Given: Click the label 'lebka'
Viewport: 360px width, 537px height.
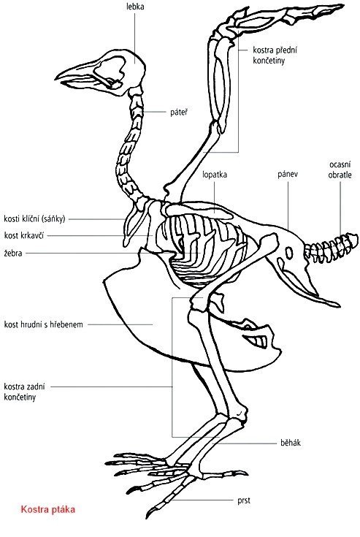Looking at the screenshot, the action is coord(135,7).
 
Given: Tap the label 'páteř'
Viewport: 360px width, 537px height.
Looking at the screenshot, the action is coord(179,112).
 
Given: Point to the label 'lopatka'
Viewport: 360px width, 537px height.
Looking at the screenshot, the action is coord(215,175).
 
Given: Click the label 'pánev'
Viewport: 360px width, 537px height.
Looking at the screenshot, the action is coord(288,174).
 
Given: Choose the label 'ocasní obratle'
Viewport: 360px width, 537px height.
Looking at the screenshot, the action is coord(340,170).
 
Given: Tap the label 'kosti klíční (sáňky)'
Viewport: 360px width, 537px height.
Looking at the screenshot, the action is coord(34,219).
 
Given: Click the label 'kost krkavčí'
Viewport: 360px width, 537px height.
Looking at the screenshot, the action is coord(24,235).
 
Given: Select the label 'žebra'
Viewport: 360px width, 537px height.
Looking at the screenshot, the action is coord(13,253).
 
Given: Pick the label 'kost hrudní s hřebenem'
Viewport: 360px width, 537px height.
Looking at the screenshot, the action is coord(44,324).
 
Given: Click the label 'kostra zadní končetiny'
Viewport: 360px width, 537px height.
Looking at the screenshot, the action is coord(24,392).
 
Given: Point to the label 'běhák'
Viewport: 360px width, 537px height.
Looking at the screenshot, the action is coord(291,443).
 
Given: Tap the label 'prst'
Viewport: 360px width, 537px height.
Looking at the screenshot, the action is coord(244,500).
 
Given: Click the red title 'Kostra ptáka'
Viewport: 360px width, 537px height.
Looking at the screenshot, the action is coord(48,509).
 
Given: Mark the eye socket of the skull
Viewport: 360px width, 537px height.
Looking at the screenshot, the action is coord(110,69).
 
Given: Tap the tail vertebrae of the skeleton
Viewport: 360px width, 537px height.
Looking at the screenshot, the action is coord(331,247).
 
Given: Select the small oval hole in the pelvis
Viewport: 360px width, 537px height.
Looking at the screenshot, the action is coord(289,253).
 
